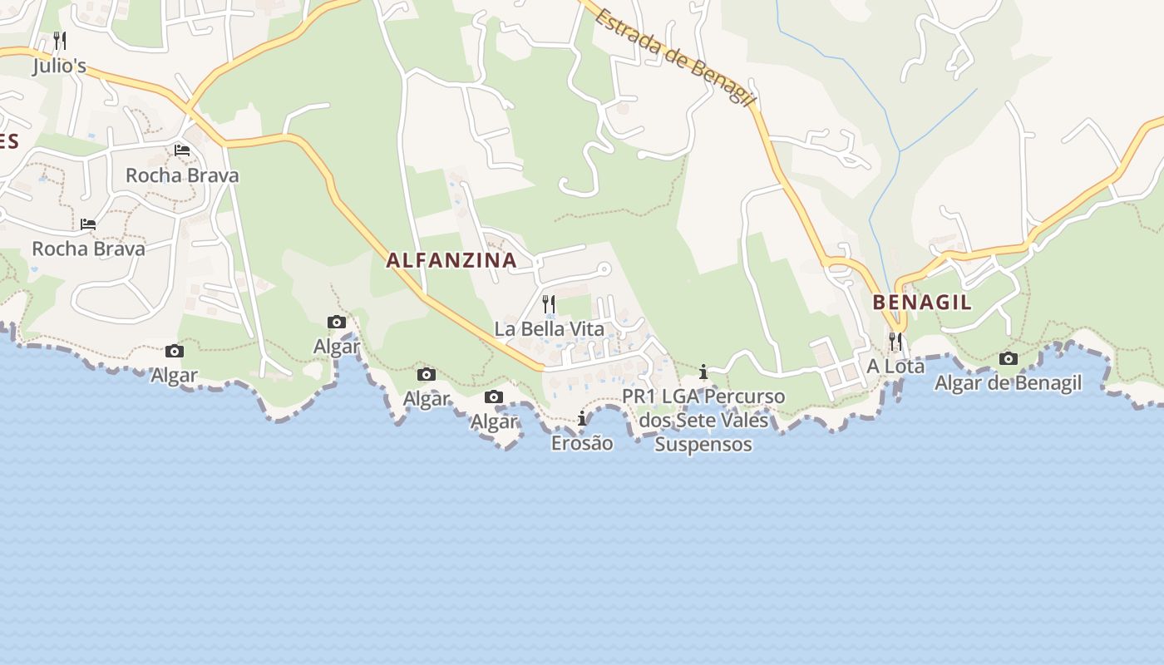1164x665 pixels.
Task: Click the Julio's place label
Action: coord(59,66)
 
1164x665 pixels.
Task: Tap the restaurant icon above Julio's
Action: coord(59,40)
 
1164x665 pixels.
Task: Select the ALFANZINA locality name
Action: coord(451,260)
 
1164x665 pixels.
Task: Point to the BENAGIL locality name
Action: coord(921,302)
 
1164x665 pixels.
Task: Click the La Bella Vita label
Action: coord(549,329)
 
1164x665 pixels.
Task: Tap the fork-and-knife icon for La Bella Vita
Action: coord(549,303)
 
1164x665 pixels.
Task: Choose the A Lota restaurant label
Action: coord(895,366)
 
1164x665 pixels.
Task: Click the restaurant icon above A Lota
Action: coord(895,341)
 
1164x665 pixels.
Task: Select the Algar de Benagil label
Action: coord(1008,383)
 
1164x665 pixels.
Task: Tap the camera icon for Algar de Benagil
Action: coord(1008,359)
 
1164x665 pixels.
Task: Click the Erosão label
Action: coord(582,443)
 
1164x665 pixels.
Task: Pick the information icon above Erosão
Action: coord(582,418)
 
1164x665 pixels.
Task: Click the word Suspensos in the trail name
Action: coord(703,445)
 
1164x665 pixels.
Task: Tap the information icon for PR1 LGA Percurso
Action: coord(703,372)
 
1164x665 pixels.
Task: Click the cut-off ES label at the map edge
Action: coord(8,140)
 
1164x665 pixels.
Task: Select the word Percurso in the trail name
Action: coord(743,397)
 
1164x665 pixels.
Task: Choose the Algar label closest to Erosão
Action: coord(494,421)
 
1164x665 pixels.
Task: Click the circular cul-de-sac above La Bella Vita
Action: coord(605,269)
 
